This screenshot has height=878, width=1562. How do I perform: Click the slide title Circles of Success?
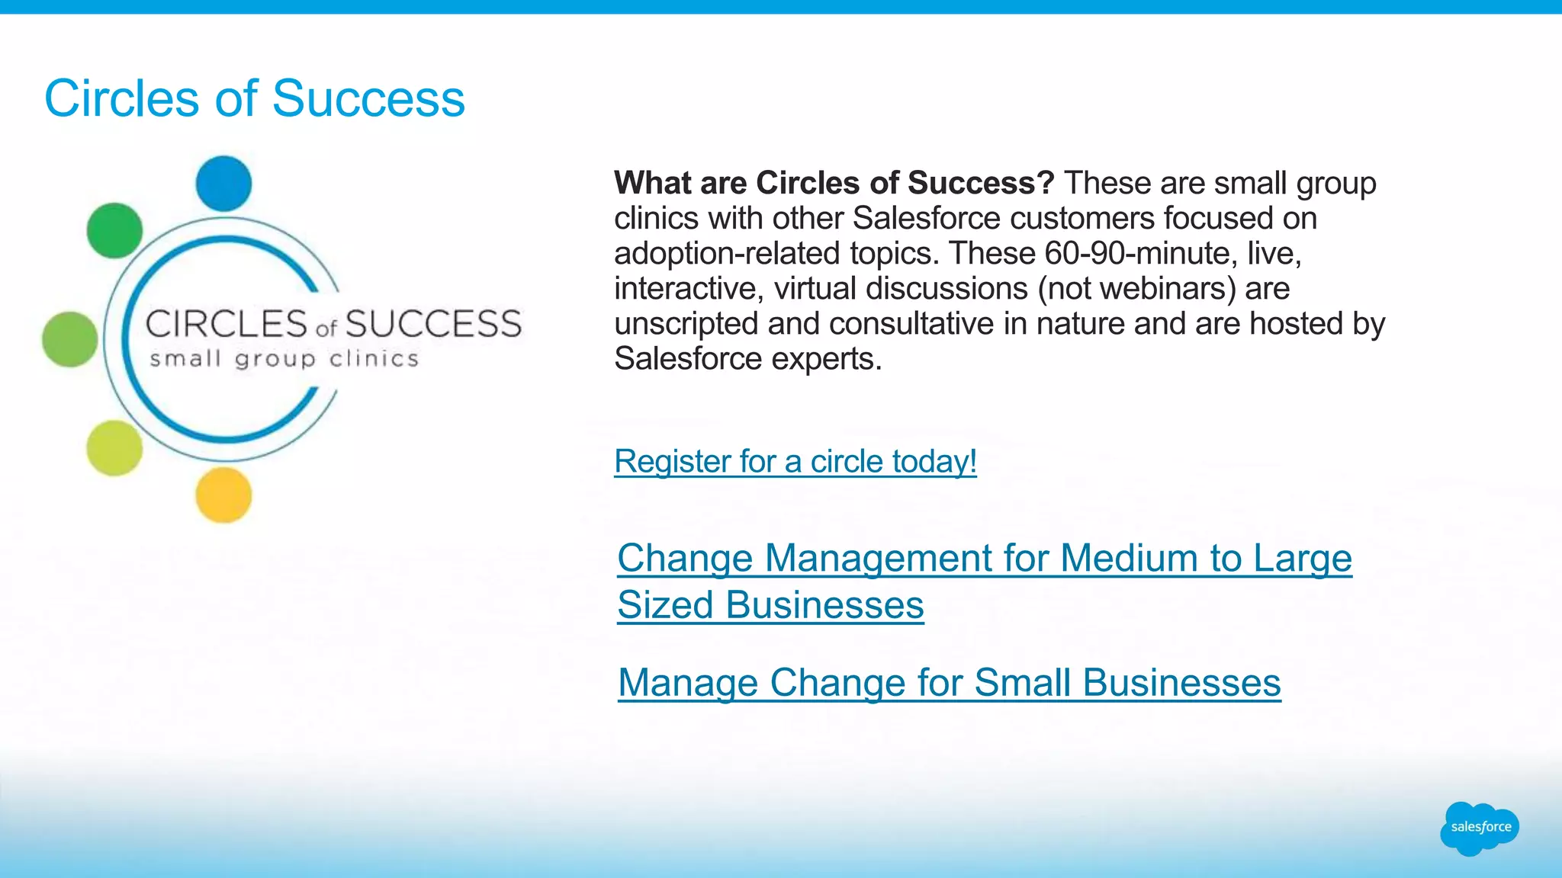pos(254,98)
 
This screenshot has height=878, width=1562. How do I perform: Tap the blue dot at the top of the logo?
pos(223,184)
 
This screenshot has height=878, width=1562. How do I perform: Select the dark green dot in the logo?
pos(114,230)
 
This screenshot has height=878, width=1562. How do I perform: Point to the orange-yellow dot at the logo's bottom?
pos(223,495)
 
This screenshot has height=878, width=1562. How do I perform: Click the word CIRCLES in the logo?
pos(227,325)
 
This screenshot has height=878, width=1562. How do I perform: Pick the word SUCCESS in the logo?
pos(434,325)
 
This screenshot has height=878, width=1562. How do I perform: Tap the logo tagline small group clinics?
pos(284,359)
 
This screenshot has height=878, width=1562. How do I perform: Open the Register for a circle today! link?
pos(795,461)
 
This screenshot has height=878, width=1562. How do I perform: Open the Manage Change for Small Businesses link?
pos(949,682)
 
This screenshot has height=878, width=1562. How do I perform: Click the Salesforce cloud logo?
pos(1480,828)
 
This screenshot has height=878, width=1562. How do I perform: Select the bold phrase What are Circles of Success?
pos(834,183)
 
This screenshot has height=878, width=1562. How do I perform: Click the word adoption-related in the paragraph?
pos(727,253)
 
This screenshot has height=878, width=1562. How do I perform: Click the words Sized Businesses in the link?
pos(770,605)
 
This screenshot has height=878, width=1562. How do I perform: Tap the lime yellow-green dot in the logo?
pos(114,448)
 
